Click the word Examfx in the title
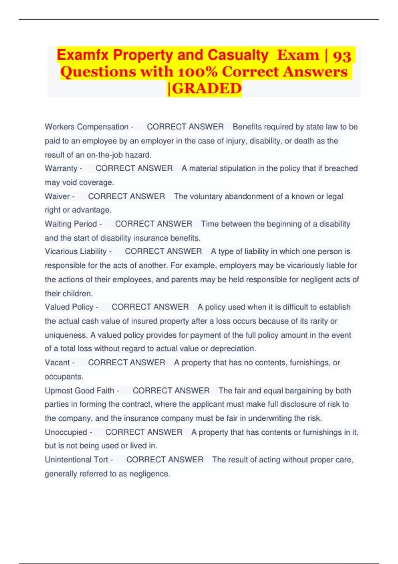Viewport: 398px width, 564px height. tap(83, 55)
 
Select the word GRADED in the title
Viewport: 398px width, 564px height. tap(206, 89)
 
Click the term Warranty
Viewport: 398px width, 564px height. tap(61, 168)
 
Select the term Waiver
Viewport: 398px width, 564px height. tap(57, 196)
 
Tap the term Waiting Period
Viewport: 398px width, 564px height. tap(71, 224)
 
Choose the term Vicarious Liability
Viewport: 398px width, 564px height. tap(76, 251)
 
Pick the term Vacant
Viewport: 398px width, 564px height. tap(57, 363)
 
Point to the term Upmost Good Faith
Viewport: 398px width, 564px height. tap(79, 390)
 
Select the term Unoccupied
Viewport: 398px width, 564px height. tap(66, 432)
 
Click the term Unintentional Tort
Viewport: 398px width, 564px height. tap(76, 460)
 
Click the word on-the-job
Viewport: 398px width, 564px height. tap(104, 155)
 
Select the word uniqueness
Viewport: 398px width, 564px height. tap(66, 335)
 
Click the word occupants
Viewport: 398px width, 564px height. tap(63, 377)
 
